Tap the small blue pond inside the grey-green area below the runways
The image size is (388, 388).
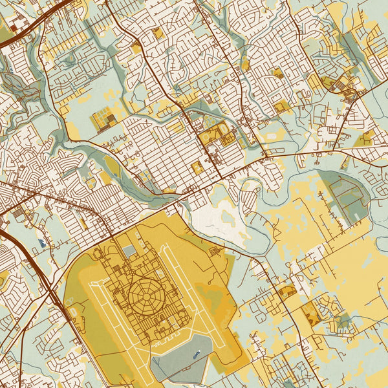coord(195,354)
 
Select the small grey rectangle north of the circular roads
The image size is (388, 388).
coord(129,251)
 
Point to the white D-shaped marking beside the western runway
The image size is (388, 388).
coord(72,311)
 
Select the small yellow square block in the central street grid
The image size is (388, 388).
coord(197,167)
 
